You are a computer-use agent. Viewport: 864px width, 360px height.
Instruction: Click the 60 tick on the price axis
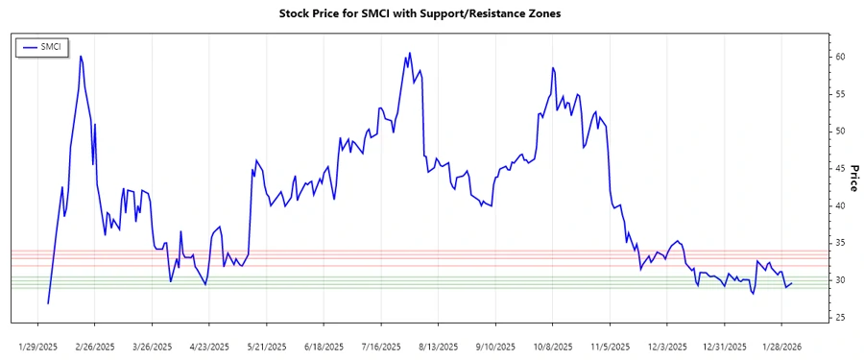coord(839,58)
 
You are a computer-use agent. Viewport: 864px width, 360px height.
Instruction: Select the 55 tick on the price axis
coord(839,94)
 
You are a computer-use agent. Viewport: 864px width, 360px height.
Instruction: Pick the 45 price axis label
coord(839,169)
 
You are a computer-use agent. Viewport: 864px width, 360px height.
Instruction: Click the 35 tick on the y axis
coord(839,243)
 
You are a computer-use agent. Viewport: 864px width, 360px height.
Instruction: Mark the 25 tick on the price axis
coord(839,318)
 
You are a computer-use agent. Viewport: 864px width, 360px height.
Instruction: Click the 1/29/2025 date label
coord(39,346)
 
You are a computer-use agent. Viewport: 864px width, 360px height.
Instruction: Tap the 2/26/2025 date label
coord(95,346)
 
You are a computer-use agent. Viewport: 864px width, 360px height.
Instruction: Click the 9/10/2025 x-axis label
coord(494,346)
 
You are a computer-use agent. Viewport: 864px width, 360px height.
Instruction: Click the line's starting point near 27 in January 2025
coord(48,303)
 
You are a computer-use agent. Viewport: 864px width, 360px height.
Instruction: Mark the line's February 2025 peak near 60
coord(81,56)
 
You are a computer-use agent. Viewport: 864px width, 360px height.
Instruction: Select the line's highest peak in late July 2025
coord(410,53)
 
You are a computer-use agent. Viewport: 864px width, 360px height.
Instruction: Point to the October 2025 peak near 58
coord(553,68)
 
